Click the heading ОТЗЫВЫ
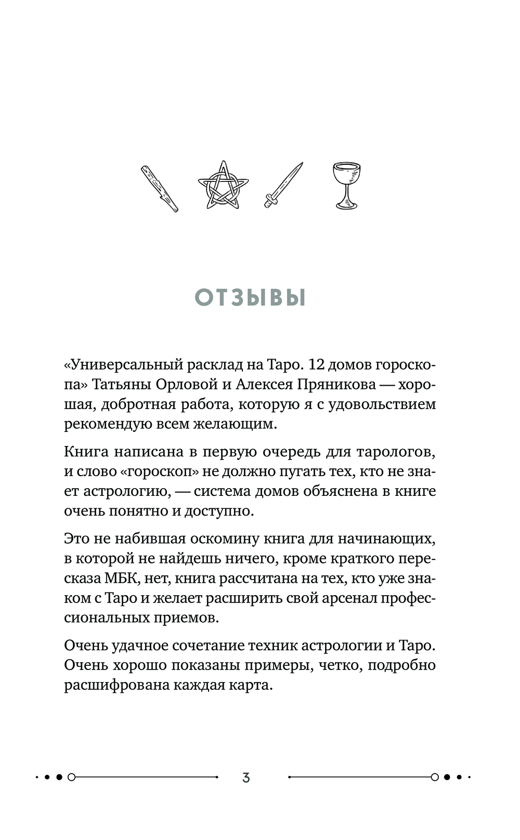point(250,298)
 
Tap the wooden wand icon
point(160,189)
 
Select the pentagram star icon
point(224,186)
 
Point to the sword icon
point(283,185)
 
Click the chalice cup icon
point(346,186)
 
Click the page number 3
point(246,778)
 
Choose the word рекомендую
point(108,424)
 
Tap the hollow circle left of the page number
point(72,778)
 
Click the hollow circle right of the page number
point(435,778)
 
